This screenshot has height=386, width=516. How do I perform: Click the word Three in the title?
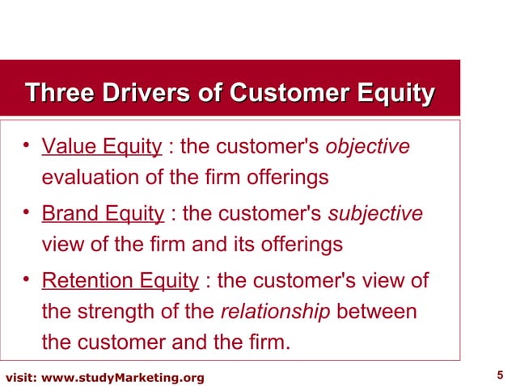tap(57, 94)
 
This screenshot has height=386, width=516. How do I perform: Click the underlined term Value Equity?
tap(102, 147)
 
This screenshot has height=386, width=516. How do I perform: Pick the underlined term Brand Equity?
tap(103, 214)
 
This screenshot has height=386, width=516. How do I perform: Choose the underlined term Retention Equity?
tap(120, 281)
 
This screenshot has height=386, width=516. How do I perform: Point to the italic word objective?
tap(367, 147)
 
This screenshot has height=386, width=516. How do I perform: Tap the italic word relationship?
tap(275, 312)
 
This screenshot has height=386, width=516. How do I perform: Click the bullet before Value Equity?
tap(27, 146)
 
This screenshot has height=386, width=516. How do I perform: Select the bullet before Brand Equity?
tap(27, 213)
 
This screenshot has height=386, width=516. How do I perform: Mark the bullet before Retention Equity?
tap(27, 280)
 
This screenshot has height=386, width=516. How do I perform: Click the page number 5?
tap(499, 375)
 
